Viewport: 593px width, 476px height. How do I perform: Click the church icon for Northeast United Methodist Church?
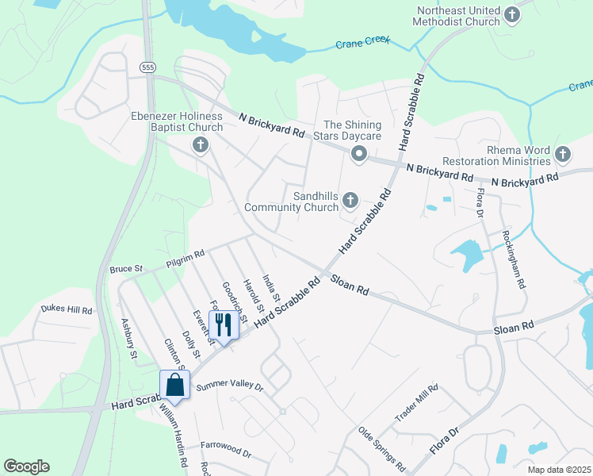point(512,13)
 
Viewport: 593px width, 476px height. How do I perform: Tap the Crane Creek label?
point(363,43)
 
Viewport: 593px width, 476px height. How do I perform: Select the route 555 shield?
point(147,68)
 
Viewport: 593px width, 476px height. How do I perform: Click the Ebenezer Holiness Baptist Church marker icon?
point(200,144)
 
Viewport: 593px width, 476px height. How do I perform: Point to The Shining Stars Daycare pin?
point(358,154)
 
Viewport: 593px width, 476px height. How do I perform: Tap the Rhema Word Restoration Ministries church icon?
point(563,153)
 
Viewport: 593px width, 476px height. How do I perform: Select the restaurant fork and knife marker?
point(224,324)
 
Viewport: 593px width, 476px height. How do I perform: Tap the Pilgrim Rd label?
point(186,256)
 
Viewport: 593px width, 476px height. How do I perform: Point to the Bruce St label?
point(126,270)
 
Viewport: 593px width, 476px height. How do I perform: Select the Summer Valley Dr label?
point(228,386)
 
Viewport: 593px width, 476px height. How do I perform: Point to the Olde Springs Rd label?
point(382,448)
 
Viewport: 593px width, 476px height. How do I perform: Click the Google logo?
point(27,466)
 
